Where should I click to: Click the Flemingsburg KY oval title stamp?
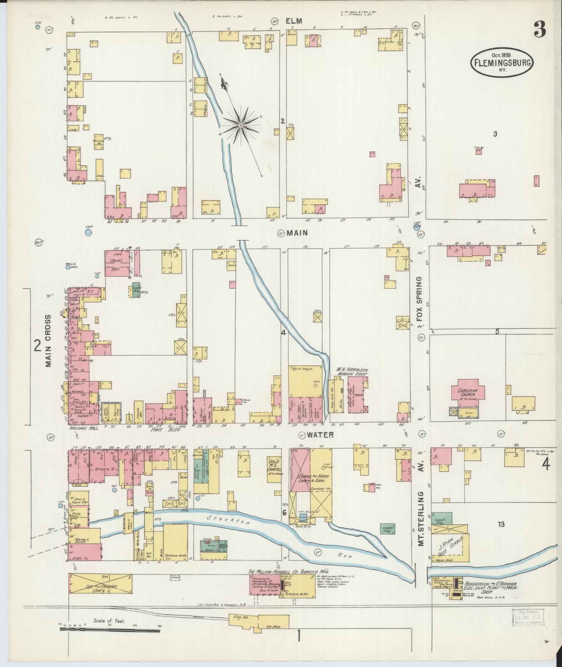point(502,62)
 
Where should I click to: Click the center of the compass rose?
point(240,124)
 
